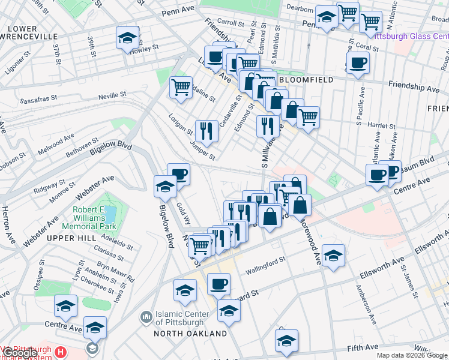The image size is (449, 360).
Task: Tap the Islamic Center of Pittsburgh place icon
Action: (x=146, y=316)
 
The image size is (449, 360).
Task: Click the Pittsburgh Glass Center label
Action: (x=408, y=36)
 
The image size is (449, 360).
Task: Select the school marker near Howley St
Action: (x=128, y=38)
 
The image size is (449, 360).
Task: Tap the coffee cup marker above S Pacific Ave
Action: (x=358, y=62)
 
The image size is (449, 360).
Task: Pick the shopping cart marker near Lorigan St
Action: (x=181, y=87)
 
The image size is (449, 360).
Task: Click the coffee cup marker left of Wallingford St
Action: (x=219, y=283)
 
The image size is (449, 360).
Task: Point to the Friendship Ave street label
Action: (x=414, y=88)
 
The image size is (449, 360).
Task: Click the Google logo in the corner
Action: (x=19, y=353)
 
